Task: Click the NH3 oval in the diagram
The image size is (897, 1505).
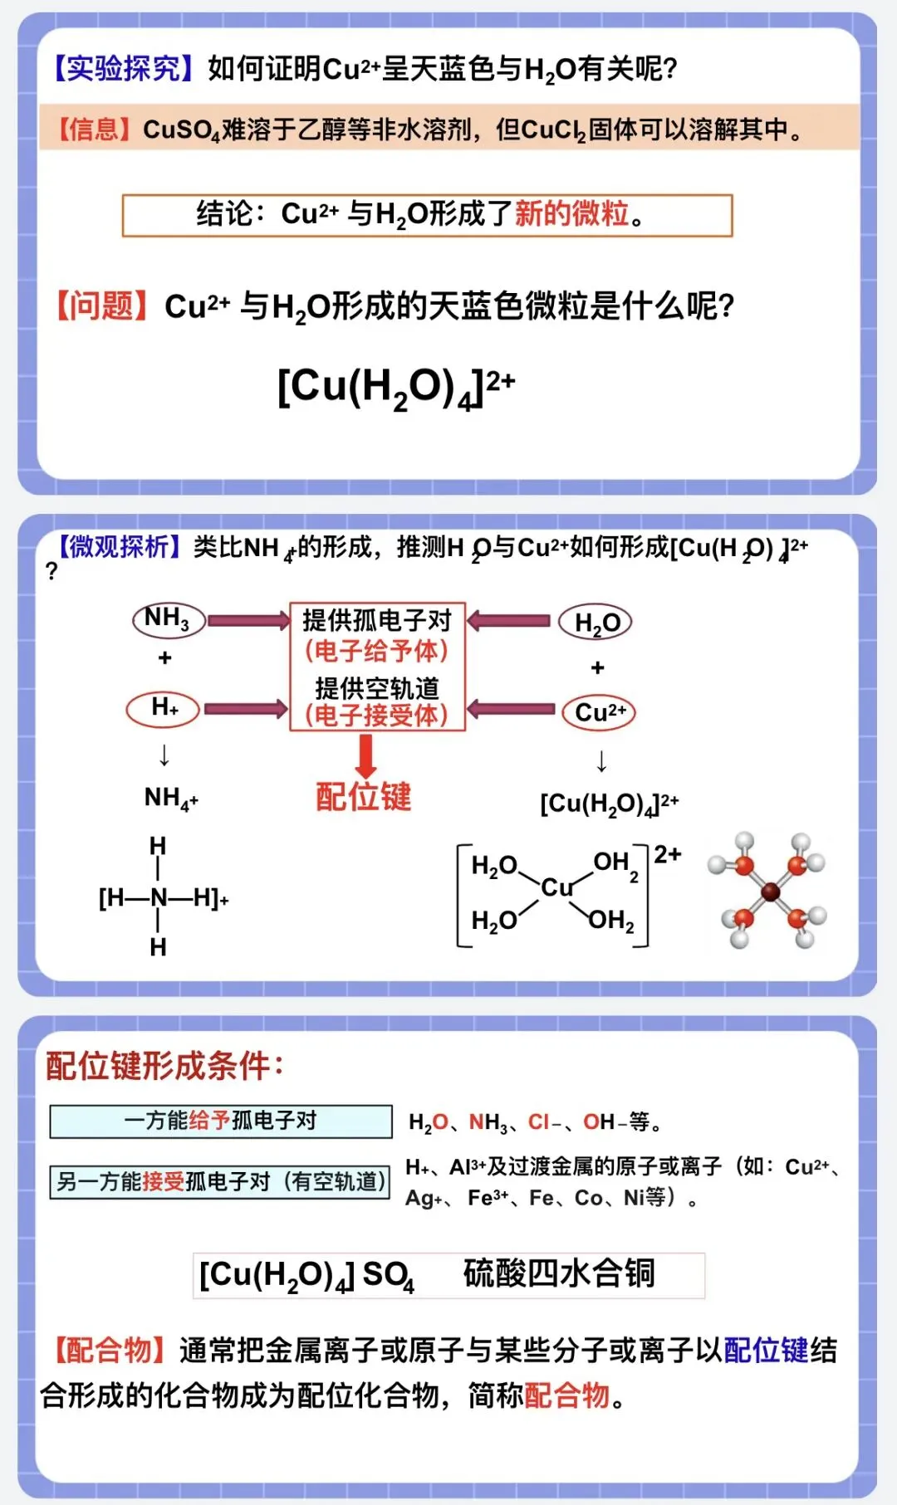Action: click(169, 619)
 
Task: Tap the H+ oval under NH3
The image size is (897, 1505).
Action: click(164, 708)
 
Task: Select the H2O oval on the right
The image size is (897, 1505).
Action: click(596, 622)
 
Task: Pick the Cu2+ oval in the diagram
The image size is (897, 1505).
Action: click(599, 712)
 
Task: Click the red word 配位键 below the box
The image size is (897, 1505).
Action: click(364, 797)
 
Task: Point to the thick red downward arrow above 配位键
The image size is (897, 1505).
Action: click(365, 755)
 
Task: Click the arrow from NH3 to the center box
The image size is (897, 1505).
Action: click(248, 620)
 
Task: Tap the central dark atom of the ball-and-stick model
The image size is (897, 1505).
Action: click(770, 892)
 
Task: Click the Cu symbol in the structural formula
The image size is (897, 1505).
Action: click(556, 888)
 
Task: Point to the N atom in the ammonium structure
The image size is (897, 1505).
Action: click(159, 897)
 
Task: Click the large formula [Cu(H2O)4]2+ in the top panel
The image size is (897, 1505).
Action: click(396, 387)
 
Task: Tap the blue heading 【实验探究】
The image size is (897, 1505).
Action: click(124, 69)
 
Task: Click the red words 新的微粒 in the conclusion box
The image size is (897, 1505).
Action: click(571, 214)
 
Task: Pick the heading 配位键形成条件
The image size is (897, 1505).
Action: click(164, 1066)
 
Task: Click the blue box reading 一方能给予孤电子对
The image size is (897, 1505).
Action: click(221, 1121)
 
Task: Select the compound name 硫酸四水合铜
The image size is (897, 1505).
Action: click(559, 1273)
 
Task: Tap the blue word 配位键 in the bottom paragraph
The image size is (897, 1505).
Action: click(766, 1351)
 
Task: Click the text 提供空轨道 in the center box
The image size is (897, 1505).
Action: click(377, 687)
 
